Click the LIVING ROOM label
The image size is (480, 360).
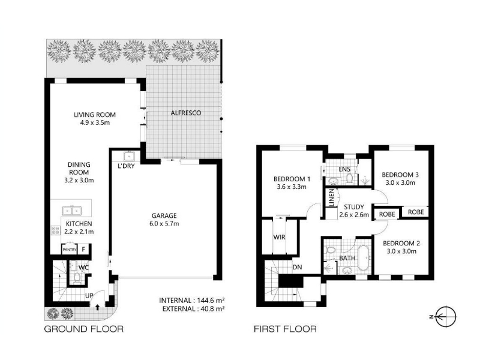click(95, 115)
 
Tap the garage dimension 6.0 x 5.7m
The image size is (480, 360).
click(164, 224)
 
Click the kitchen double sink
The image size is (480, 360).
click(72, 211)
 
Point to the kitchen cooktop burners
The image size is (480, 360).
click(56, 230)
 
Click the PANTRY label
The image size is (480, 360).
click(70, 250)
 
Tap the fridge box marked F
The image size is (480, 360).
click(83, 250)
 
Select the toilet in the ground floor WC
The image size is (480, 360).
click(77, 278)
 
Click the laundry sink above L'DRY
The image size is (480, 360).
click(129, 157)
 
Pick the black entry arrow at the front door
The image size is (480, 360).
click(98, 307)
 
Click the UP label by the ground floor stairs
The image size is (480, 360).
click(89, 296)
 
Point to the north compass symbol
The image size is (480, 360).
click(446, 317)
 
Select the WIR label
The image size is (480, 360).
click(279, 237)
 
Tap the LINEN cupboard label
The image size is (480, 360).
click(331, 198)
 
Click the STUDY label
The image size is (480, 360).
click(354, 207)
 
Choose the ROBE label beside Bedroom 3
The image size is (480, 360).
click(416, 212)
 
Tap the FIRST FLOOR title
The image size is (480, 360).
click(285, 329)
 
